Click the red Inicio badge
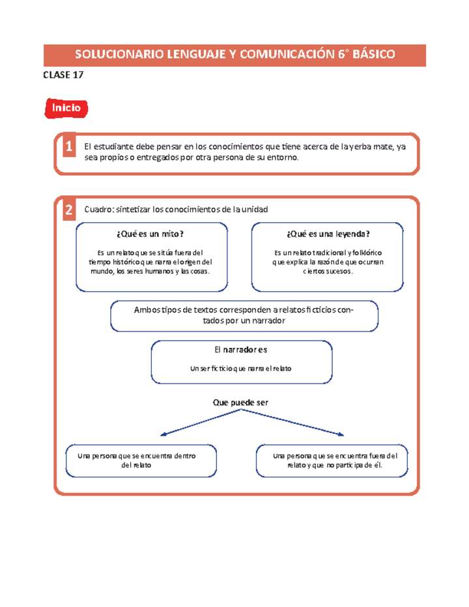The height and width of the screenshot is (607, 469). click(x=66, y=108)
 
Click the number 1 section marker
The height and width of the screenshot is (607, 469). click(x=68, y=148)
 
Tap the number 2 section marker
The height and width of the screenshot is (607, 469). click(x=68, y=210)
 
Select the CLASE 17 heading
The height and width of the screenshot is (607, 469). click(x=63, y=76)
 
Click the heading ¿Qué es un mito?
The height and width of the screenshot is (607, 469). click(x=152, y=234)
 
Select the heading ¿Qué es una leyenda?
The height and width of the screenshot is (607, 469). click(x=327, y=234)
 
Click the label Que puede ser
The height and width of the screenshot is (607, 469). click(x=240, y=403)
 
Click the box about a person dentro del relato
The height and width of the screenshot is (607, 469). click(x=141, y=460)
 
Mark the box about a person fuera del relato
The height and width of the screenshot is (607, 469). click(x=332, y=460)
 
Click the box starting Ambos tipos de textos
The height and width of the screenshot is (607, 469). click(x=244, y=315)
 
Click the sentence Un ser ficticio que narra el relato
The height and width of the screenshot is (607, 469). click(x=240, y=369)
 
